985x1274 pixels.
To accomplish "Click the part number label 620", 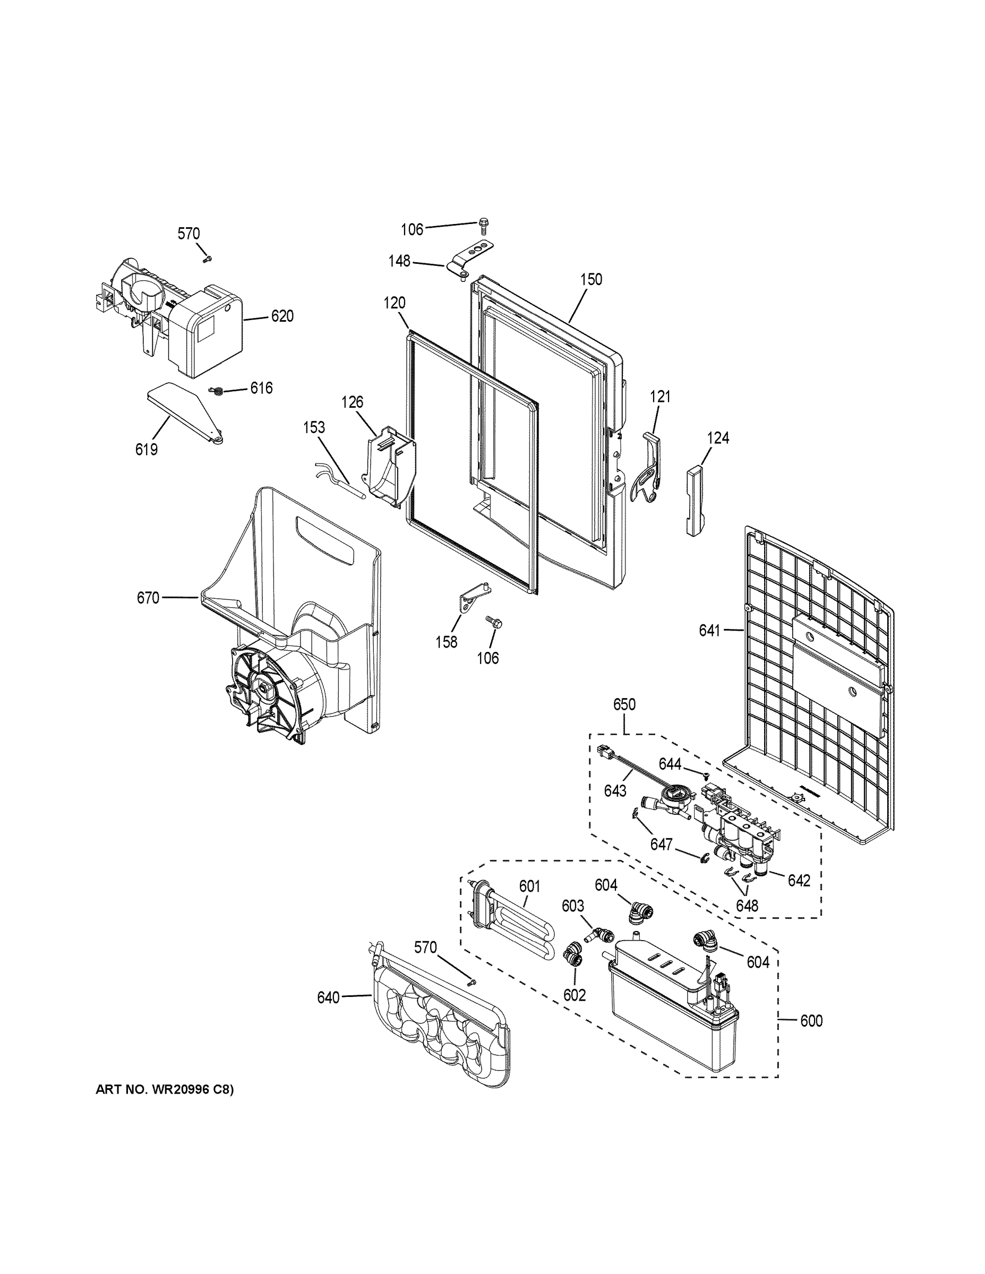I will [282, 317].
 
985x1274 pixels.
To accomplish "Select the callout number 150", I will [590, 279].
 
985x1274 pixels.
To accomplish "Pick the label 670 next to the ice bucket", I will [148, 598].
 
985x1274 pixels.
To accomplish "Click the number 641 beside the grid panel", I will [710, 630].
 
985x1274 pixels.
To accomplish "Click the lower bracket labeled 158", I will [472, 601].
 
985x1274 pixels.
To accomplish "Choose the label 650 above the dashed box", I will [624, 704].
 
